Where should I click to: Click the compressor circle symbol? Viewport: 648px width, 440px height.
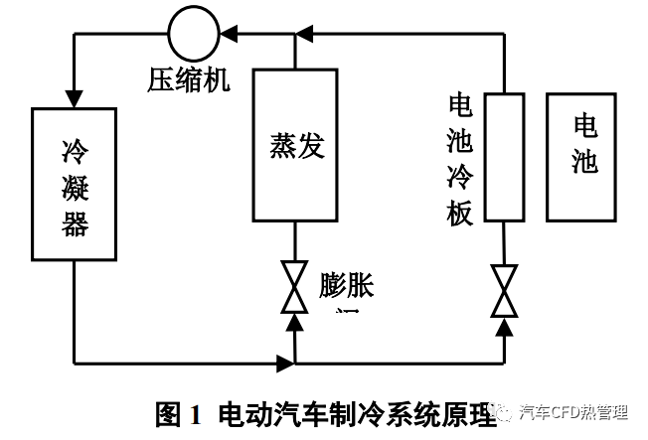coord(192,35)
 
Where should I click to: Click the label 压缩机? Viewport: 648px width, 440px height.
coord(189,79)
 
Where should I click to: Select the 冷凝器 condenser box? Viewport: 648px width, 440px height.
coord(75,186)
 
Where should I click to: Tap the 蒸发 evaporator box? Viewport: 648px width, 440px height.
coord(295,144)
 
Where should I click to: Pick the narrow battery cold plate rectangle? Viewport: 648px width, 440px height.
coord(505,157)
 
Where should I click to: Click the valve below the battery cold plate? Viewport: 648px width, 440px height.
coord(505,291)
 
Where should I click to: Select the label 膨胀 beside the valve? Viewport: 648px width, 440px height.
coord(347,285)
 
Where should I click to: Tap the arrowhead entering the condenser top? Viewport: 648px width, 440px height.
coord(75,98)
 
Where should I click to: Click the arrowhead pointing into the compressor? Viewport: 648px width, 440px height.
coord(228,35)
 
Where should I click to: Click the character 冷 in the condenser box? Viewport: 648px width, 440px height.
coord(75,152)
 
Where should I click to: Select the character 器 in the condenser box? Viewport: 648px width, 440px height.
coord(75,224)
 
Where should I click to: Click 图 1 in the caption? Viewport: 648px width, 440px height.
coord(179,412)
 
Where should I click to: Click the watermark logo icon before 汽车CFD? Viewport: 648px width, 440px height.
coord(506,411)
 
